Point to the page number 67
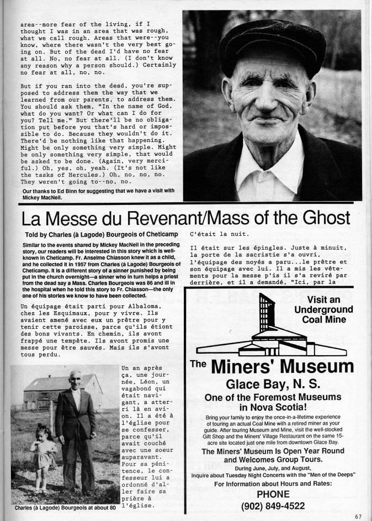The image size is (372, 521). (359, 516)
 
